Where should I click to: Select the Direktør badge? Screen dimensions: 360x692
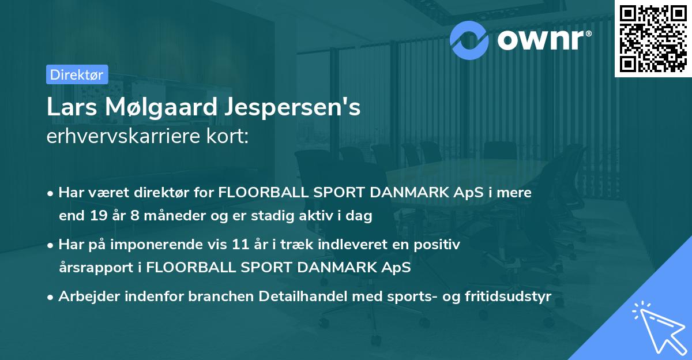tap(77, 74)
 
